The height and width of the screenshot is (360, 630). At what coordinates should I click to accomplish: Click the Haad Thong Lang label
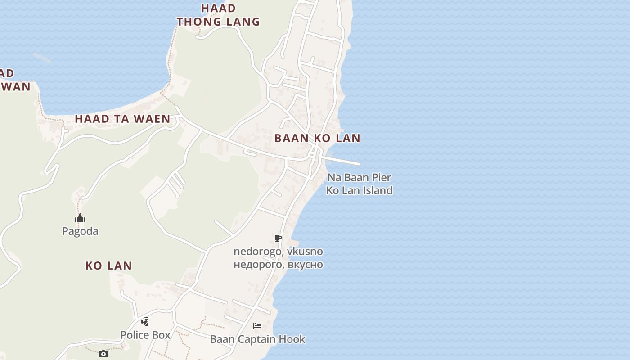[218, 15]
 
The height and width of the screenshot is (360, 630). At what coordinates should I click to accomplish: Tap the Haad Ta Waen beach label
[122, 119]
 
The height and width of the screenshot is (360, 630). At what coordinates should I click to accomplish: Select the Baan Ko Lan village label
[317, 138]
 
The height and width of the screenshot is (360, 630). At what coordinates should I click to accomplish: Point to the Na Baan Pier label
[359, 177]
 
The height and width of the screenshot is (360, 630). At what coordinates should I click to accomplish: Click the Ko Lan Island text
[359, 190]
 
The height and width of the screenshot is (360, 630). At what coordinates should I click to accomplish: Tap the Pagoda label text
[80, 231]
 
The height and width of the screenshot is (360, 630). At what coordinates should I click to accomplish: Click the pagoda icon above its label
[80, 219]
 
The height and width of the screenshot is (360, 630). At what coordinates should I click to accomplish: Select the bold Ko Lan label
[108, 265]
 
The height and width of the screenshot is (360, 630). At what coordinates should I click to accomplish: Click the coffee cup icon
[278, 238]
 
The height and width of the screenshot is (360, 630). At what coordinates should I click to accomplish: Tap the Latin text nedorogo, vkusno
[278, 252]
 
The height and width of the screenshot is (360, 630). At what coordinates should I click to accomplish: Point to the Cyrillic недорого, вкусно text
[278, 264]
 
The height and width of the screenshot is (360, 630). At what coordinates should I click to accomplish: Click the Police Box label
[145, 335]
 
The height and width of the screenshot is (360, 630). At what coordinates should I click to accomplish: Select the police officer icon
[145, 322]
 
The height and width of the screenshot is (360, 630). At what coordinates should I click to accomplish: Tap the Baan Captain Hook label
[257, 339]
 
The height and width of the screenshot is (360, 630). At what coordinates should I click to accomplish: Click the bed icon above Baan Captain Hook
[257, 326]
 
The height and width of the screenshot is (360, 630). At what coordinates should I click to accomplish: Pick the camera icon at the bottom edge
[103, 354]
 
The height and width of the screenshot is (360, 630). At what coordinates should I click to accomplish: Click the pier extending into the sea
[344, 161]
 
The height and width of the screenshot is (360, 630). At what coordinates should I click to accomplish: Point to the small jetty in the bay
[42, 57]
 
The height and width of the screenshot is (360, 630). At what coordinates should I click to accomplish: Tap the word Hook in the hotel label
[293, 339]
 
